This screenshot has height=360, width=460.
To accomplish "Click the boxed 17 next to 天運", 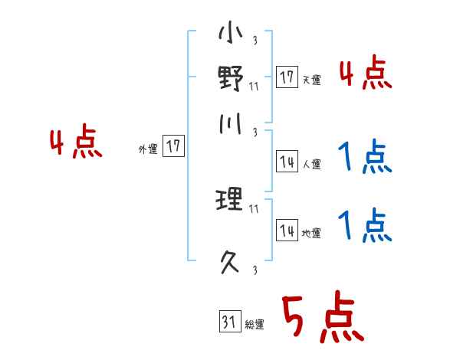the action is pyautogui.click(x=287, y=77).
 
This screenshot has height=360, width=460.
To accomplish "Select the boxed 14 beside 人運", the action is pyautogui.click(x=287, y=162).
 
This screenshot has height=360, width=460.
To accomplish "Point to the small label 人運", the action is pyautogui.click(x=311, y=164).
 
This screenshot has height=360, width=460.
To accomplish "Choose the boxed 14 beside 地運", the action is pyautogui.click(x=287, y=231).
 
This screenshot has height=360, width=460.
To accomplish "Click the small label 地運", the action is pyautogui.click(x=311, y=234).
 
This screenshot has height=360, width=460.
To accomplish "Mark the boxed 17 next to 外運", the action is pyautogui.click(x=174, y=146).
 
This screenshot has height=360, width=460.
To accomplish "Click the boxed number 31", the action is pyautogui.click(x=228, y=322).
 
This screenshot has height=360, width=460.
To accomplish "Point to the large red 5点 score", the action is pyautogui.click(x=320, y=319).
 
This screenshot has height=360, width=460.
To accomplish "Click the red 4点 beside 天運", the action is pyautogui.click(x=365, y=75).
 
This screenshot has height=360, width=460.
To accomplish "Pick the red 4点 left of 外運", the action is pyautogui.click(x=76, y=144).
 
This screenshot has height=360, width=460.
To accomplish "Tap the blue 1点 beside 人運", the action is pyautogui.click(x=365, y=159).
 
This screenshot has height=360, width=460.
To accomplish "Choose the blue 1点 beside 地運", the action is pyautogui.click(x=365, y=226).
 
